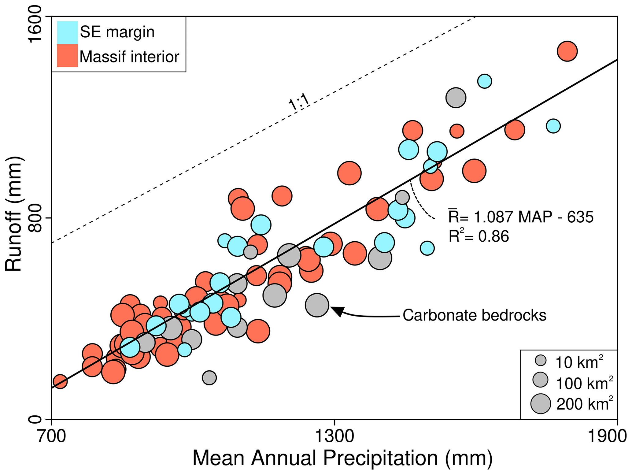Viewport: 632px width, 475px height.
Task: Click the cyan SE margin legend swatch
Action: point(68,32)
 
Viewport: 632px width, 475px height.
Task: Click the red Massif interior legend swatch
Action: point(68,56)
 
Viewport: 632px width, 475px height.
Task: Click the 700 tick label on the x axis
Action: point(51,437)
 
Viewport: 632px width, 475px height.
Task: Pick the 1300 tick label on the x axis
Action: point(334,437)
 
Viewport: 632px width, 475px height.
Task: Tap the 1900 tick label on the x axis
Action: point(607,437)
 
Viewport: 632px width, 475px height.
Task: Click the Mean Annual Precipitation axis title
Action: point(342,458)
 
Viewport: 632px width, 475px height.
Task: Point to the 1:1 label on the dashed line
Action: point(299,102)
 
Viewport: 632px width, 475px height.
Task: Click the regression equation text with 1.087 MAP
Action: point(521,217)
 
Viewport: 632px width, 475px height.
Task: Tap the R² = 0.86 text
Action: point(479,236)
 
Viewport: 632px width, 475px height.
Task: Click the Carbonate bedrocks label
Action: point(474,315)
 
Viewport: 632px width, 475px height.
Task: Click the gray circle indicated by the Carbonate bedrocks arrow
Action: point(317,305)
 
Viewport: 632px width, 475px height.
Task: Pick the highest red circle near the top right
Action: point(567,51)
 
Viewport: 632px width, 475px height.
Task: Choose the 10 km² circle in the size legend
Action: point(541,360)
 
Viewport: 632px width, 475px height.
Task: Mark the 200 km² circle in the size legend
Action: point(541,404)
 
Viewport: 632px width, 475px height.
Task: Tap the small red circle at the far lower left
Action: point(60,381)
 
